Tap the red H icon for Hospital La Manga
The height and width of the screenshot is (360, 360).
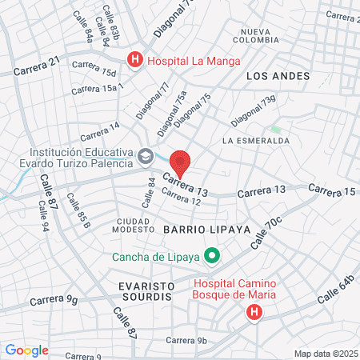tap(135, 58)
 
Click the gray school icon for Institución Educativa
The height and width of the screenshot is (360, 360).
tap(145, 156)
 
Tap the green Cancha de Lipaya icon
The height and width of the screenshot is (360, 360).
tap(212, 257)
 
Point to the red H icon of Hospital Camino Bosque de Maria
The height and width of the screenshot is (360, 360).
tap(254, 312)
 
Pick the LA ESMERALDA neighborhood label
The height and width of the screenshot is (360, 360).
tap(256, 140)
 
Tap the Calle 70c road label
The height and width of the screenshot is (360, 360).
tap(266, 232)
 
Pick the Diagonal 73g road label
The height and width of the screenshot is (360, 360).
tap(253, 111)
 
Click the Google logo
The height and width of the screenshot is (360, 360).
tap(26, 350)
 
